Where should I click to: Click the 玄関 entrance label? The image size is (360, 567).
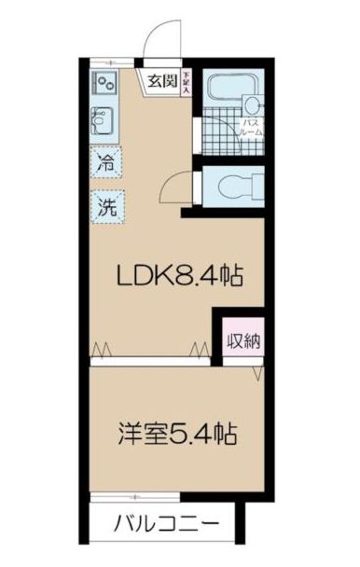point(161,81)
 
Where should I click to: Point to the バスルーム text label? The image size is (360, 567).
point(253,128)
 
